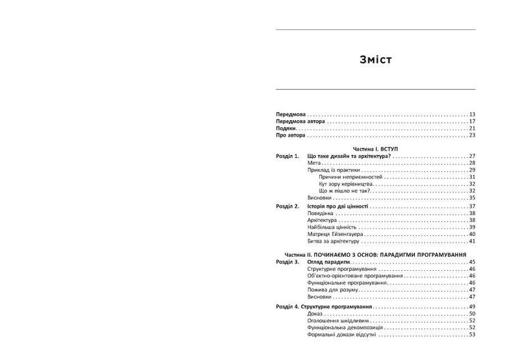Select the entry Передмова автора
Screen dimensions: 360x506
tap(301, 121)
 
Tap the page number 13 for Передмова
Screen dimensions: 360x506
tap(472, 113)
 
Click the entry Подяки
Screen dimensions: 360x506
tap(287, 128)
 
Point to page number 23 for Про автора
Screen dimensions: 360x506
tap(472, 135)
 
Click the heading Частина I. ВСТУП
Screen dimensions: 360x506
tap(376, 147)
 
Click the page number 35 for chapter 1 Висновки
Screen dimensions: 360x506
tap(472, 198)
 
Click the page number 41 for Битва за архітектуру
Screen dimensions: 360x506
tap(472, 241)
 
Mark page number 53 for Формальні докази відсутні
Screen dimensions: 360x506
tap(472, 335)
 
